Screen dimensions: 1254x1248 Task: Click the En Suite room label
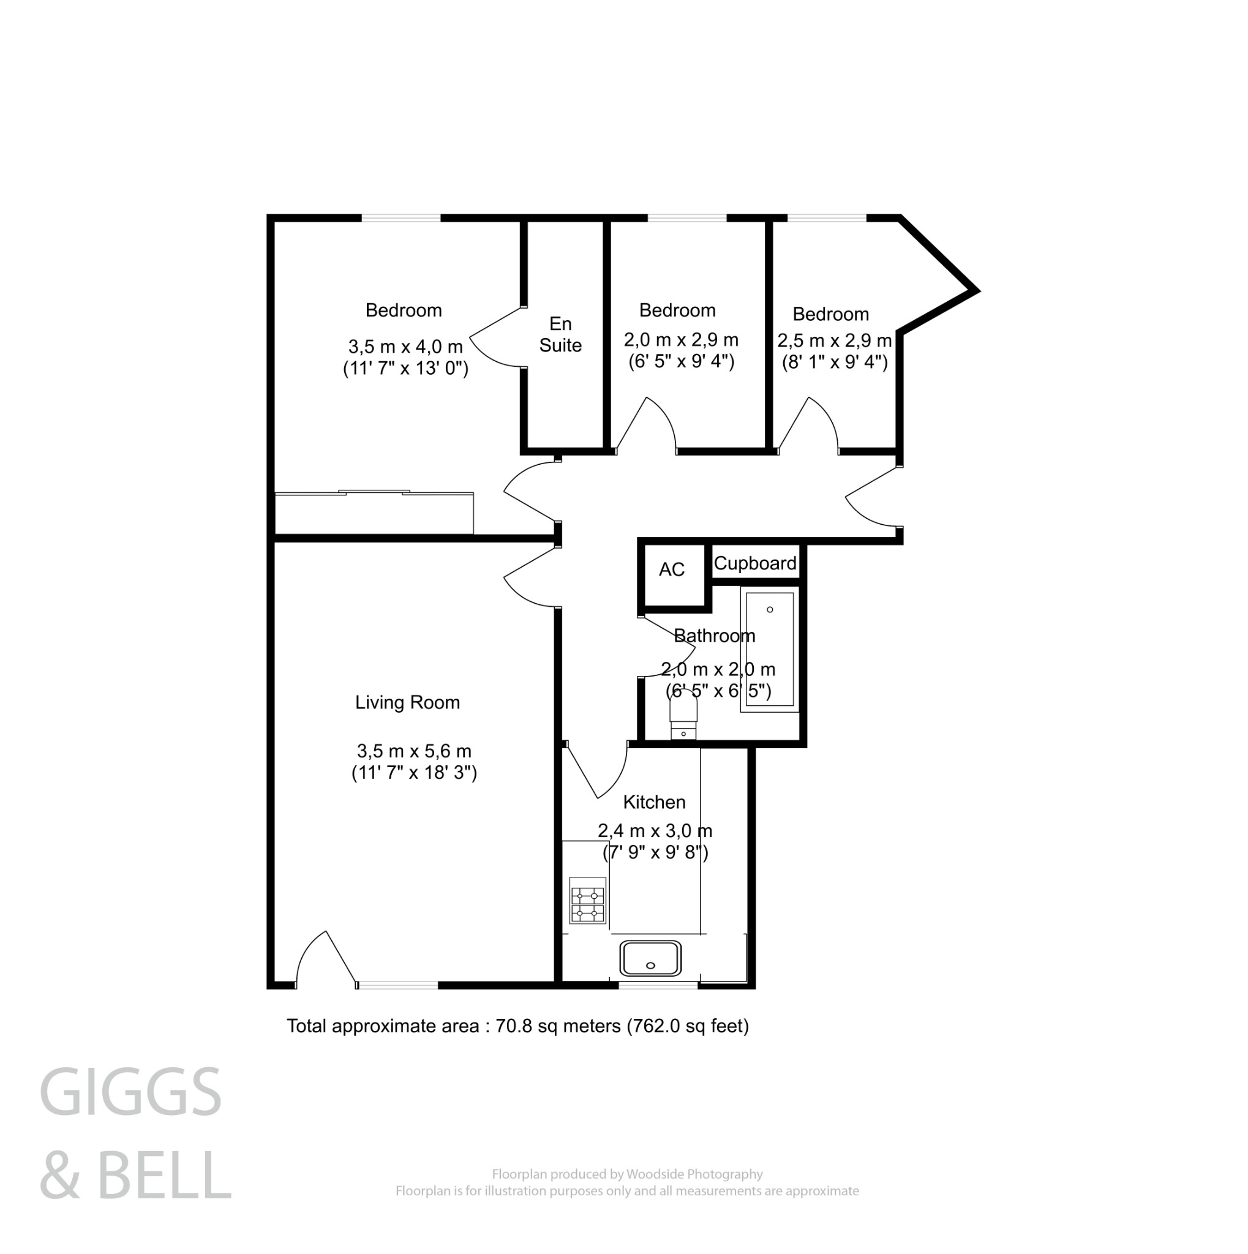560,334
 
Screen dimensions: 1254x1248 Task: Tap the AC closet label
671,569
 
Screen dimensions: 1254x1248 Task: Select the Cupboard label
755,563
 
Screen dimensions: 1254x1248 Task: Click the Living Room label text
407,702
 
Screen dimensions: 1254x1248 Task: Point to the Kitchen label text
653,802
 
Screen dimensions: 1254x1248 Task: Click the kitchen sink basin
650,958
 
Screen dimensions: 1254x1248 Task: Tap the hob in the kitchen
587,900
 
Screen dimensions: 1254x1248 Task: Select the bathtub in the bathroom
769,648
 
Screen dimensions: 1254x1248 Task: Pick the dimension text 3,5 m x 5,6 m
413,751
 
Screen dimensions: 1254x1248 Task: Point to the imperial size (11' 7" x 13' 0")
405,369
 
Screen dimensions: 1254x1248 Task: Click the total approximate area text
517,1026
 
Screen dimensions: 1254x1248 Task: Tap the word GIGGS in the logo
130,1093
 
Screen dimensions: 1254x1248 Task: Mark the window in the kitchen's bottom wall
658,985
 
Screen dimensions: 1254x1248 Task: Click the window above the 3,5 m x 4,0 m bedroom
400,218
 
